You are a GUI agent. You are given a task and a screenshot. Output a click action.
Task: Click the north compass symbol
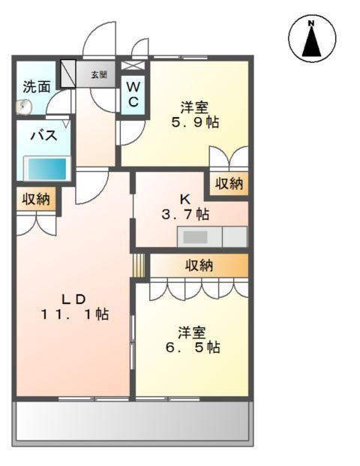coord(310,39)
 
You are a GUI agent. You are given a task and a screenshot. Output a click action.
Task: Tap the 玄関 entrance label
coord(99,75)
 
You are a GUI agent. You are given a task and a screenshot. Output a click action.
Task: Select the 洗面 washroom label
coord(36,86)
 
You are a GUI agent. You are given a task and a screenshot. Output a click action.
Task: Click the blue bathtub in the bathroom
coord(46,167)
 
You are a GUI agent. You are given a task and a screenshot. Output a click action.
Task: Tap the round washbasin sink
coord(24,107)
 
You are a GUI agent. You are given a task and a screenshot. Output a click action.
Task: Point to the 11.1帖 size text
coord(75,314)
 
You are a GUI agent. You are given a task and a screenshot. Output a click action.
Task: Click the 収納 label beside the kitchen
coord(229,184)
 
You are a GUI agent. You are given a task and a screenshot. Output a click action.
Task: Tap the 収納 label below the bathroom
coord(35,199)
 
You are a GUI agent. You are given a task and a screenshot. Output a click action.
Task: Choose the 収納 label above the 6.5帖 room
coord(199,265)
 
